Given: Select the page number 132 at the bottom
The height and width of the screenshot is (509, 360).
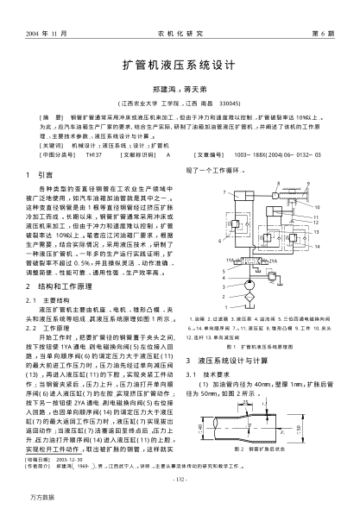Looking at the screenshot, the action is pos(180,481).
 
